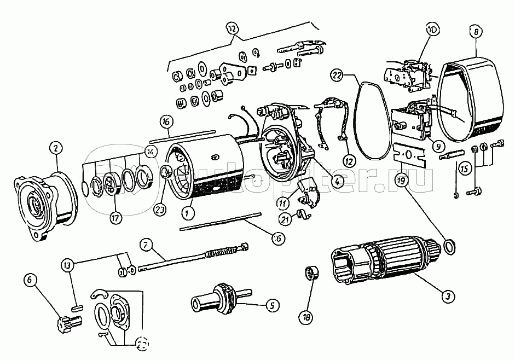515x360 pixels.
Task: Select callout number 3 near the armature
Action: [448, 296]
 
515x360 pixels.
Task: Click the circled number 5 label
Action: [271, 305]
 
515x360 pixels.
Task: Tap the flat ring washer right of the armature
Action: [448, 247]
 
